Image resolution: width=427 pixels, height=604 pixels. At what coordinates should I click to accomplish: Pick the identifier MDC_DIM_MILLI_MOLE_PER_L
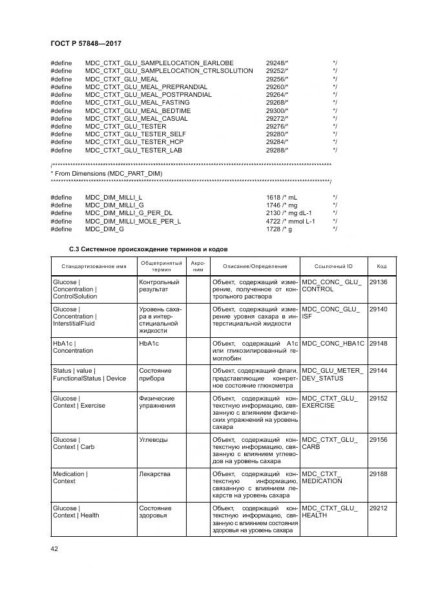click(133, 221)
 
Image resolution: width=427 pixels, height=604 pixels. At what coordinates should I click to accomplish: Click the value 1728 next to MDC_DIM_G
click(274, 229)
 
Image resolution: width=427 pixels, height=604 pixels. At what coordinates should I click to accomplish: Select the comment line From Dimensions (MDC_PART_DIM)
click(107, 174)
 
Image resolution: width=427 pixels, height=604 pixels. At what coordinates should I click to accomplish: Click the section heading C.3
click(149, 249)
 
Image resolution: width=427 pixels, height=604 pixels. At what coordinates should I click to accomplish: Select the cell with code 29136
click(378, 282)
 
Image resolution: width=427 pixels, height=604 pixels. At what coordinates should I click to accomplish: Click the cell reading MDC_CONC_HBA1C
click(333, 343)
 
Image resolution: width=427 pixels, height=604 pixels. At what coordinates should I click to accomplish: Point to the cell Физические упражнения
click(156, 402)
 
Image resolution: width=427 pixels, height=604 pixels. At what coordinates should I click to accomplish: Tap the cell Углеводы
click(154, 440)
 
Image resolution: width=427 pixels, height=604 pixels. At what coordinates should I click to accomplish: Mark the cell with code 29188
click(378, 474)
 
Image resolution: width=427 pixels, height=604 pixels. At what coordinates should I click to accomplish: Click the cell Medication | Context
click(70, 477)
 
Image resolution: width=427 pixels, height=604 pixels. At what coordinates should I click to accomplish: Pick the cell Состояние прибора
click(155, 374)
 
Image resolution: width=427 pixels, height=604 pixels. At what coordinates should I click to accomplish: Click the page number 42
click(54, 548)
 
